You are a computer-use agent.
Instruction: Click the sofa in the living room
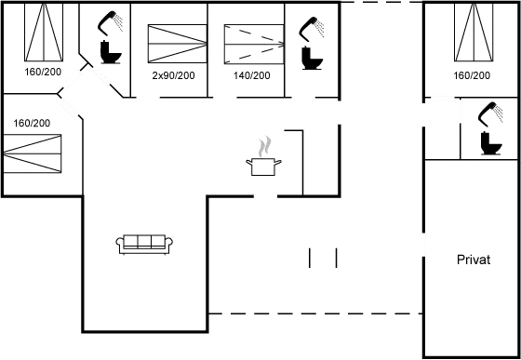click(x=145, y=243)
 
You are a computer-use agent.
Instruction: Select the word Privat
click(x=473, y=260)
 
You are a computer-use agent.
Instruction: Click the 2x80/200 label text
click(x=172, y=75)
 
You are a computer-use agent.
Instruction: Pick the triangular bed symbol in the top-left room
click(x=41, y=33)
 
